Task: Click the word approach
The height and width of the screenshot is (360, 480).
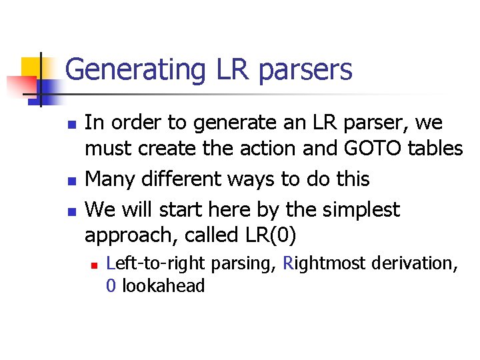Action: tap(129, 236)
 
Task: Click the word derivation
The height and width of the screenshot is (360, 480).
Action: tap(413, 263)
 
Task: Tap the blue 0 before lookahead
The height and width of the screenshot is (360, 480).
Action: tap(111, 287)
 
